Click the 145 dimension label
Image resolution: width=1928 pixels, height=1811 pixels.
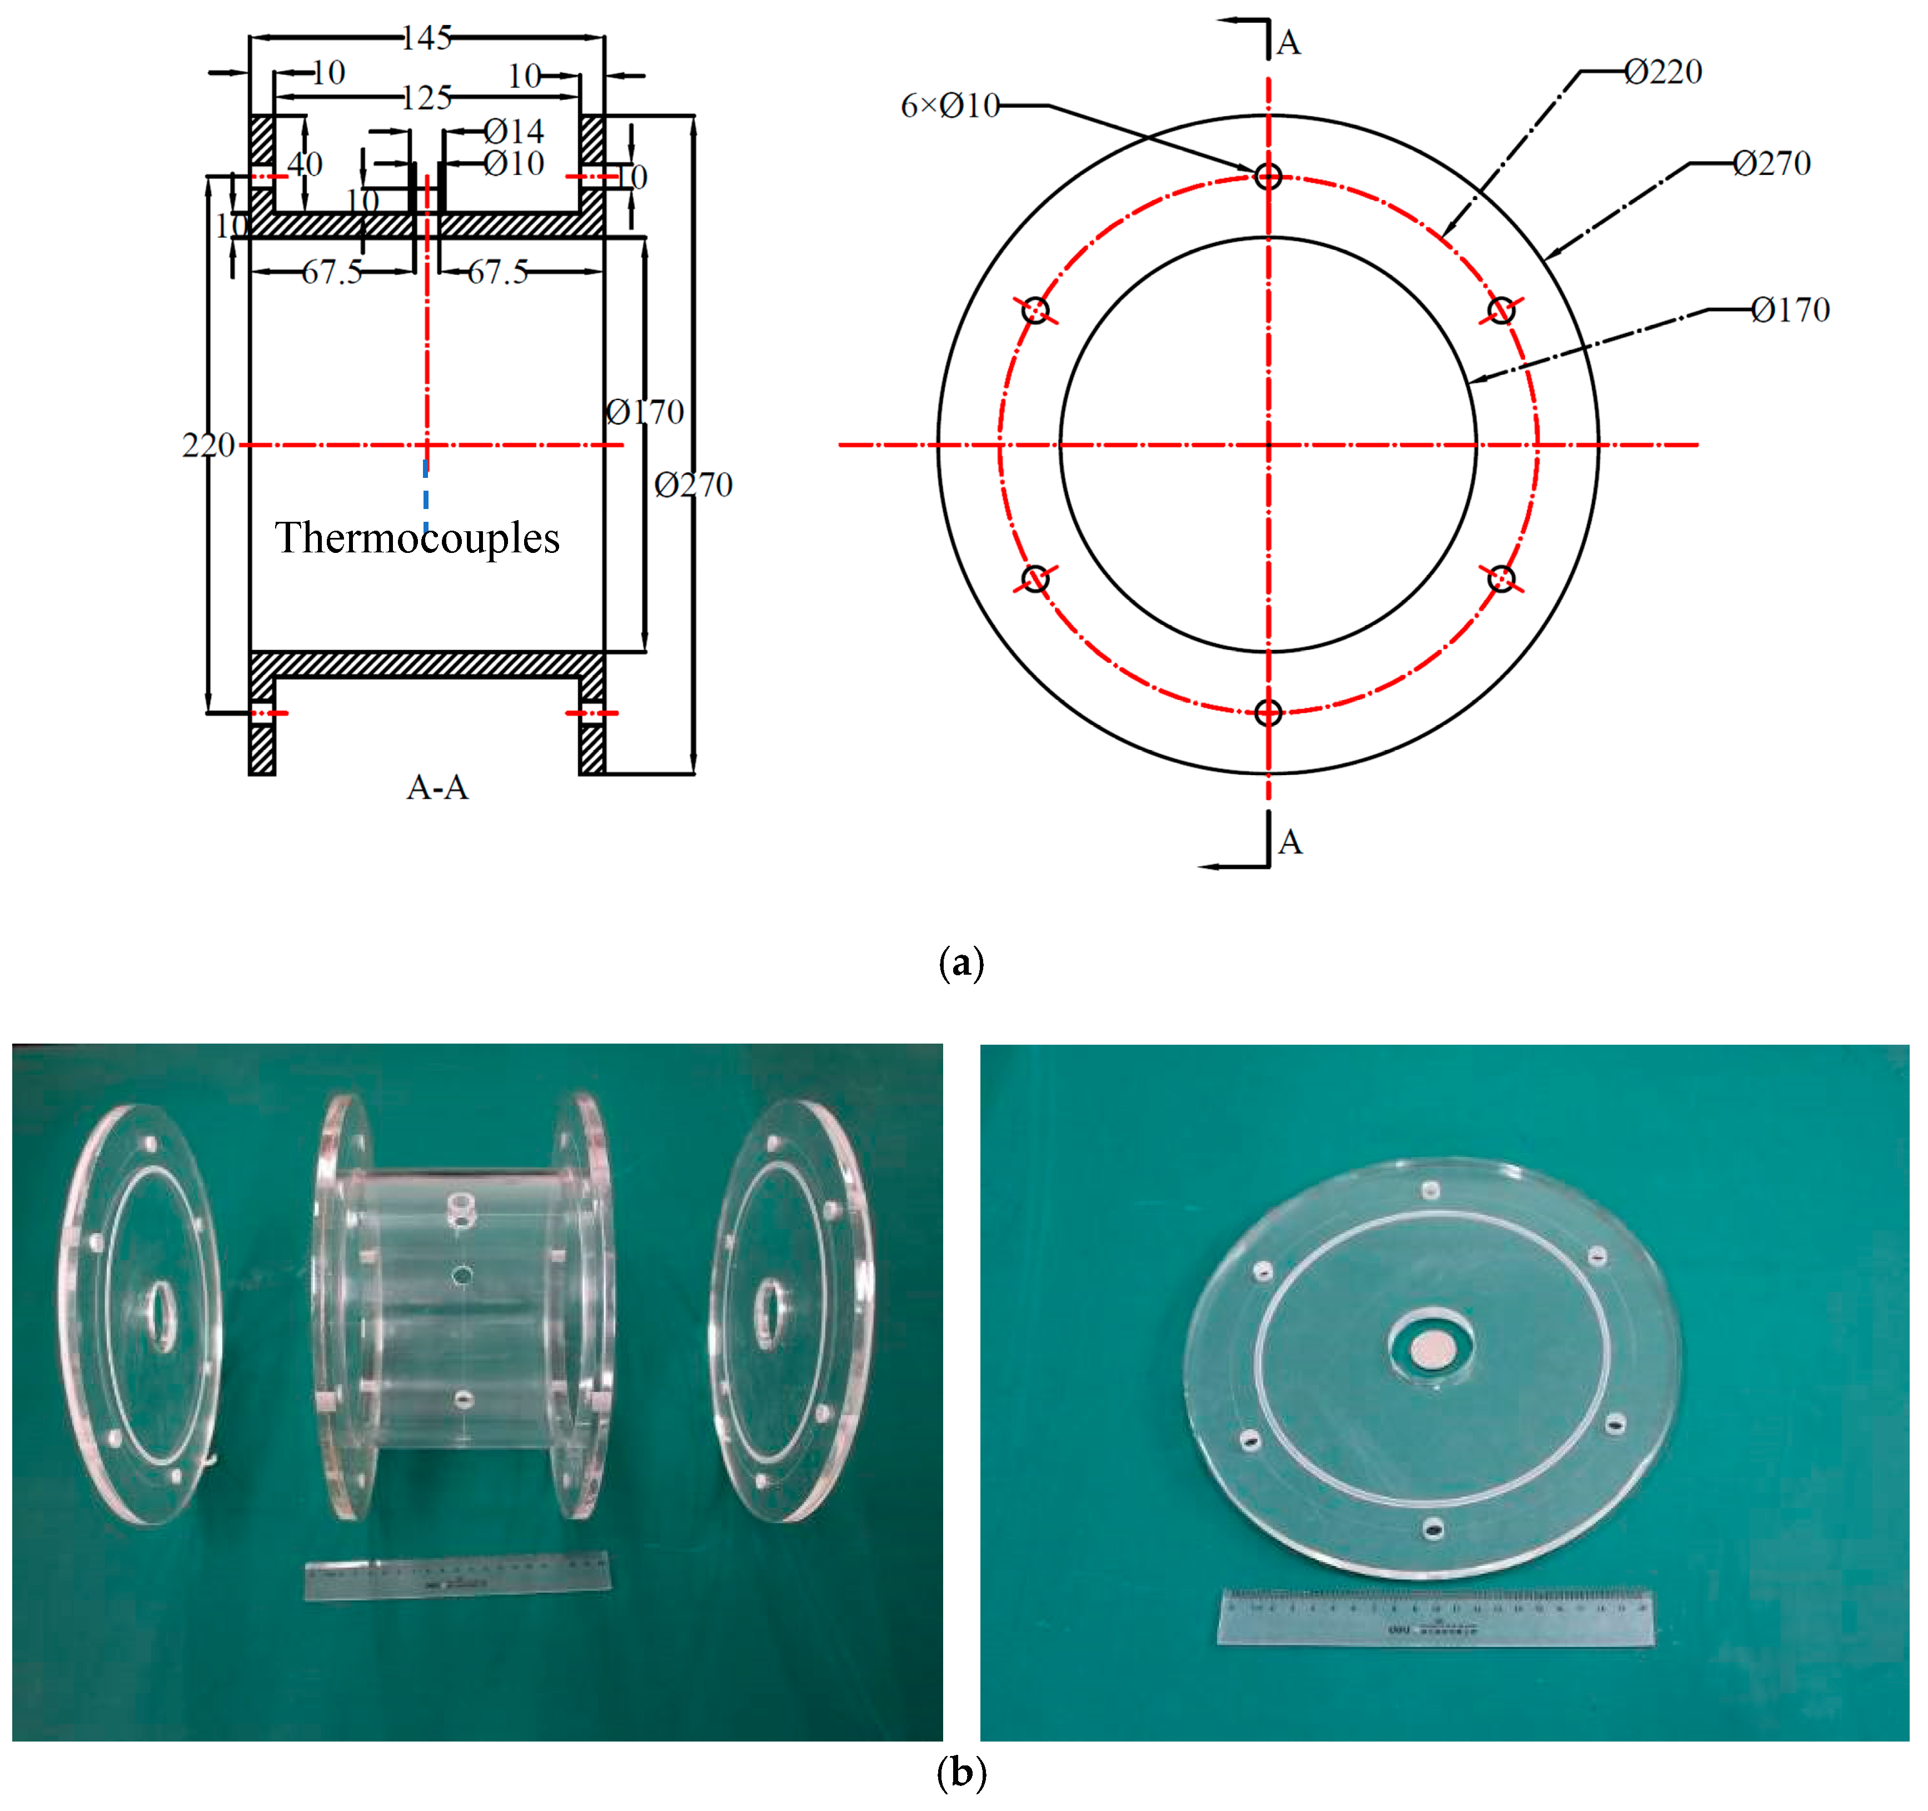[427, 38]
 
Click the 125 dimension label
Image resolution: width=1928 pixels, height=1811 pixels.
[427, 98]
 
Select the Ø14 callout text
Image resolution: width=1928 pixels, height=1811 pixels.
[514, 131]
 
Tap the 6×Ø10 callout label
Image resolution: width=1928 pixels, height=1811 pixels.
[949, 106]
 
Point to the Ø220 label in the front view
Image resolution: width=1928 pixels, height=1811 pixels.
[1663, 72]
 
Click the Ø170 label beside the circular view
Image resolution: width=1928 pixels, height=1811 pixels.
[1790, 310]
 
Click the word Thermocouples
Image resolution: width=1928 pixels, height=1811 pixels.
[417, 538]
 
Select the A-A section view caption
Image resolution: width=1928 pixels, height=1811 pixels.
[437, 787]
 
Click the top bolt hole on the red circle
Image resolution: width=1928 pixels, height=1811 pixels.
[1268, 177]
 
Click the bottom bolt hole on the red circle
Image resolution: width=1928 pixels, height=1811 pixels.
[1268, 712]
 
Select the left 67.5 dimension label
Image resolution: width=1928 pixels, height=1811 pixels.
[332, 272]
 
